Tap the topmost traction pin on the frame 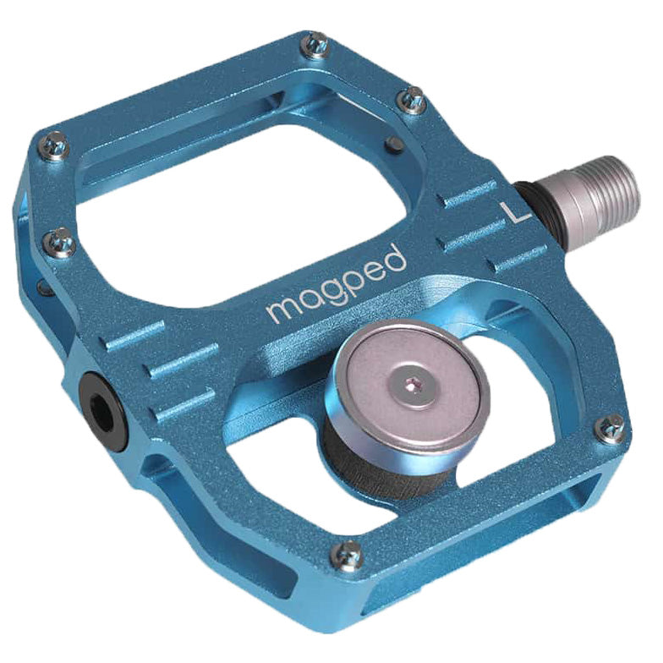point(316,45)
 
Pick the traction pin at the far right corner point(611,429)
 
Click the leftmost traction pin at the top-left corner point(57,148)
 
